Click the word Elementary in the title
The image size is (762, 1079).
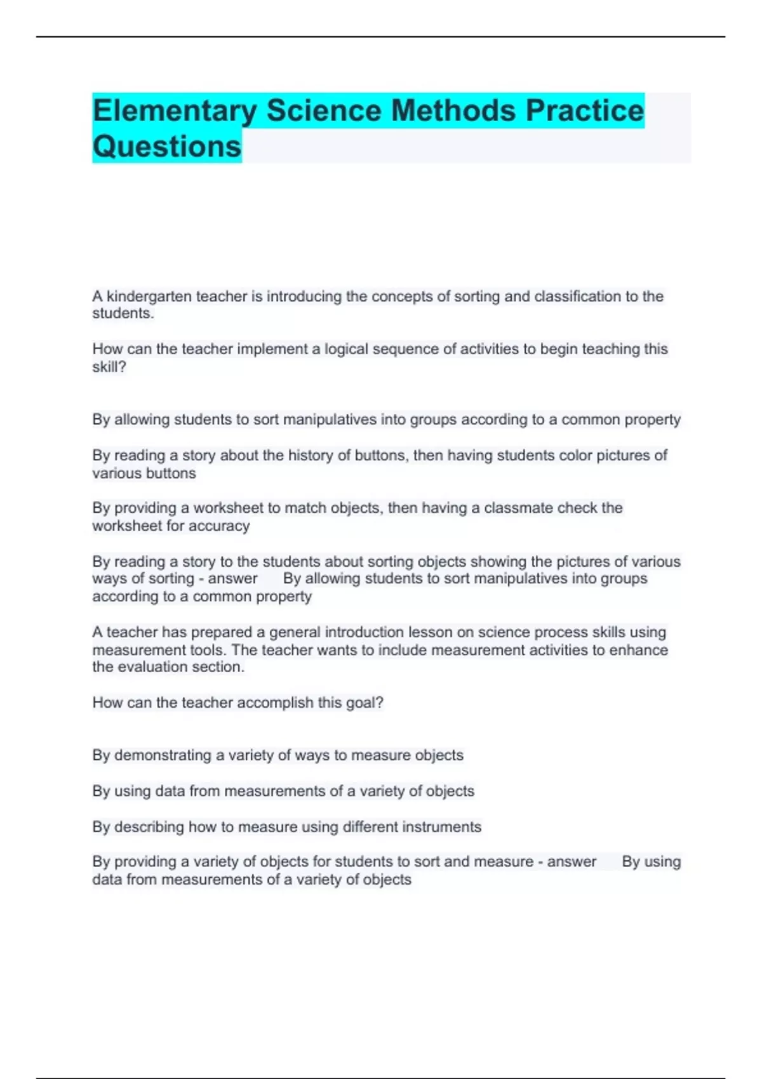(x=175, y=111)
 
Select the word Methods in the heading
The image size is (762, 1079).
(x=453, y=111)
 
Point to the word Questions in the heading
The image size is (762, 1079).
(x=167, y=147)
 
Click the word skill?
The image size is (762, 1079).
(x=109, y=367)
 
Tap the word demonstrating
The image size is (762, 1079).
(x=163, y=755)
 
